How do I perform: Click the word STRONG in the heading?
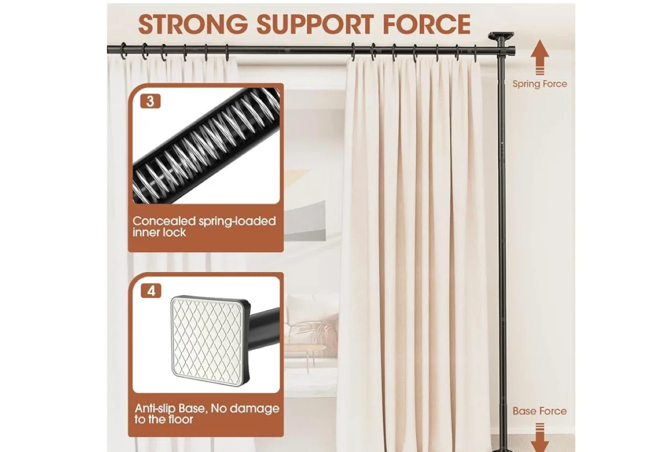pos(193,24)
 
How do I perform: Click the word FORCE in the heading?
pos(426,24)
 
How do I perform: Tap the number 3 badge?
pos(150,101)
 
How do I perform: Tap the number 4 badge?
pos(151,291)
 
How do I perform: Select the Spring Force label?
pos(540,84)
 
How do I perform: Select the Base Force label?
pos(540,411)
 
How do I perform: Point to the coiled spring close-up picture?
pos(206,146)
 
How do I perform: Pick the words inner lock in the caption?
pos(159,232)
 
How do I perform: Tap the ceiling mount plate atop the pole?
pos(501,36)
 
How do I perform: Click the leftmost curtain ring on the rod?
pos(124,51)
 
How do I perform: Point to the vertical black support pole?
pos(502,232)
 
